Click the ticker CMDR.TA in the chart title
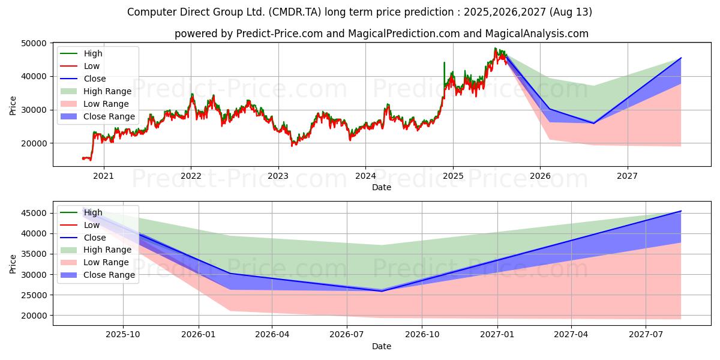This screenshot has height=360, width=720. pyautogui.click(x=295, y=12)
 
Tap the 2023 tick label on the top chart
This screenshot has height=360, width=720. pyautogui.click(x=278, y=176)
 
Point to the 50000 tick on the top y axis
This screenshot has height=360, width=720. pyautogui.click(x=34, y=43)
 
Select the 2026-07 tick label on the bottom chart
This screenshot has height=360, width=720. pyautogui.click(x=347, y=335)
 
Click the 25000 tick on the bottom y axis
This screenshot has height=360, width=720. pyautogui.click(x=34, y=295)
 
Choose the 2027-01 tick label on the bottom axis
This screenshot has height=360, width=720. pyautogui.click(x=497, y=335)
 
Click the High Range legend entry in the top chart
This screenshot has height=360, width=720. pyautogui.click(x=96, y=91)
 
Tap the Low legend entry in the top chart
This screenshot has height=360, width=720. pyautogui.click(x=80, y=66)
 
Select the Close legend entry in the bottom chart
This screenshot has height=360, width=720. pyautogui.click(x=83, y=238)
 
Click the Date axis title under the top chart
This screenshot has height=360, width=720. pyautogui.click(x=382, y=187)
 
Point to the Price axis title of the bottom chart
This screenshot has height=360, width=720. pyautogui.click(x=13, y=264)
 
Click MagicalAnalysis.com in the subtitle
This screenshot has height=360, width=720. pyautogui.click(x=537, y=34)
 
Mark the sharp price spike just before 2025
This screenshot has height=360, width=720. pyautogui.click(x=444, y=62)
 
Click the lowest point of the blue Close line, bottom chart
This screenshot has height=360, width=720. pyautogui.click(x=382, y=291)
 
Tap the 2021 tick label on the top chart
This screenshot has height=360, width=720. pyautogui.click(x=103, y=176)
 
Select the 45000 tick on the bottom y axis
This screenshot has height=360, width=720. pyautogui.click(x=34, y=214)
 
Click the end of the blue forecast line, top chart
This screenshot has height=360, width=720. pyautogui.click(x=681, y=58)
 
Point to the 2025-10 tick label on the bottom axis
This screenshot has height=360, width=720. pyautogui.click(x=123, y=335)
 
